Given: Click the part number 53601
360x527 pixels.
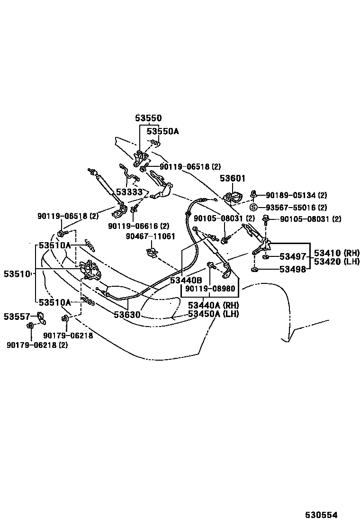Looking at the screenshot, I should (x=232, y=178).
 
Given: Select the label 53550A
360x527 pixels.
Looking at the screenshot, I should (x=162, y=131).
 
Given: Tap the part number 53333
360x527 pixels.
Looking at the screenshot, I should (x=129, y=192).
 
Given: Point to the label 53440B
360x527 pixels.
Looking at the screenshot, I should (x=186, y=280).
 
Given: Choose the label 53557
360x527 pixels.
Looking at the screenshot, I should (x=17, y=316).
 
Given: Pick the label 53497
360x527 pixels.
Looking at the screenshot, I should (x=293, y=257).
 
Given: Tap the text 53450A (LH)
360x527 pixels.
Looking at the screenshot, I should (x=213, y=314).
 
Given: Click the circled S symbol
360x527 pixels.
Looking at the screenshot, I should (x=253, y=207).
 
